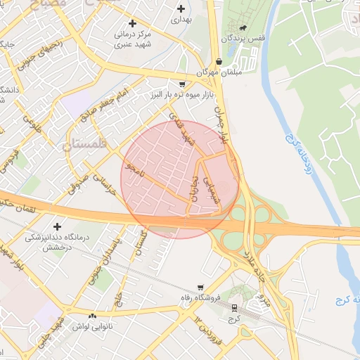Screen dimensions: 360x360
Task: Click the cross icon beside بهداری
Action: pyautogui.click(x=182, y=9)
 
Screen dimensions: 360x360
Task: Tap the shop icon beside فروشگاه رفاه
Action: pyautogui.click(x=201, y=288)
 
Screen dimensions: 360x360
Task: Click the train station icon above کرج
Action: pyautogui.click(x=234, y=308)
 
